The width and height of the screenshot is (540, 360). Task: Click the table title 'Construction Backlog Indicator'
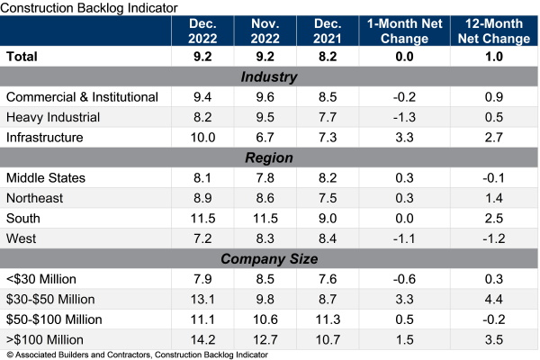91,7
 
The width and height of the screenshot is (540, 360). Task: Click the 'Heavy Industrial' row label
54,117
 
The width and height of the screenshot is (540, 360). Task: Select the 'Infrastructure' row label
49,137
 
